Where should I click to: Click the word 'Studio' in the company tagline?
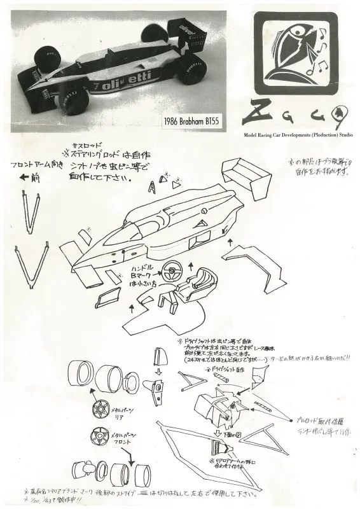point(344,135)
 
